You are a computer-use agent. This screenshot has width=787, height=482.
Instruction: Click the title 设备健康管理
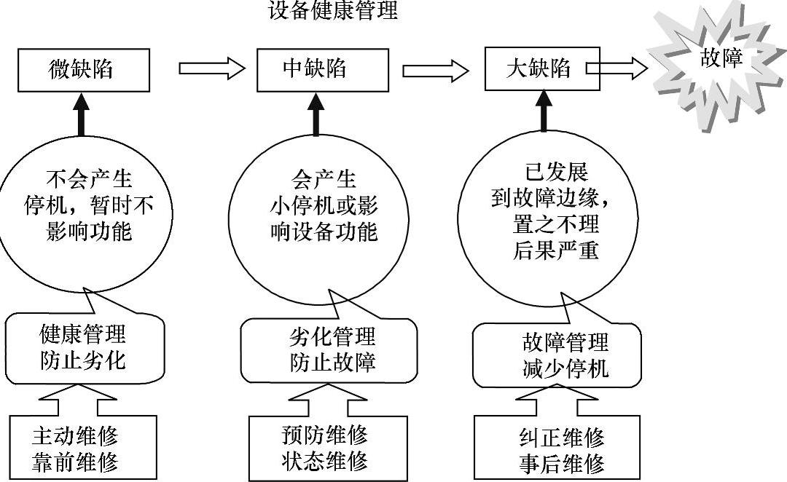pos(333,10)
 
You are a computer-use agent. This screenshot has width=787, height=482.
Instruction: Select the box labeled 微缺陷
pos(84,70)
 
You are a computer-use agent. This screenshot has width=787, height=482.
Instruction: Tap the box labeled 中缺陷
pos(323,70)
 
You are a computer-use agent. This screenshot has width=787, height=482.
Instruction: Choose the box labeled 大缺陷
pos(542,68)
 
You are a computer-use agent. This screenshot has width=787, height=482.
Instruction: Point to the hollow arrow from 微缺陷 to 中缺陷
pos(212,68)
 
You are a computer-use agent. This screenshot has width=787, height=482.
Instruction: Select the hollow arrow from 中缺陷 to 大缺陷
pos(436,70)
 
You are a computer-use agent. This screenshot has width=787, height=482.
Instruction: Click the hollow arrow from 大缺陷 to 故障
pos(617,68)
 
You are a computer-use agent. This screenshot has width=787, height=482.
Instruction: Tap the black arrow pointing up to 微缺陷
pos(82,114)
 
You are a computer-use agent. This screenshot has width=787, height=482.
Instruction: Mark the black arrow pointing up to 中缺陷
pos(316,114)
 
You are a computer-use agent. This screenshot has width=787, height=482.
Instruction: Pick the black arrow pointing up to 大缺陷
pos(544,111)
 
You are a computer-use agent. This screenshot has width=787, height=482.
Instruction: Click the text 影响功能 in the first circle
pos(89,232)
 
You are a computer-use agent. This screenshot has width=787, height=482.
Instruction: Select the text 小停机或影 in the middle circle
pos(324,205)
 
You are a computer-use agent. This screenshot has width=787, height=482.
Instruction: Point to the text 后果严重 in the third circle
pos(555,250)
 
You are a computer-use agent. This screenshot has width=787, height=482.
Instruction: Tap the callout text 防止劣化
pos(83,360)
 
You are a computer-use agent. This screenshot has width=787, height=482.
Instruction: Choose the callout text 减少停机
pos(565,368)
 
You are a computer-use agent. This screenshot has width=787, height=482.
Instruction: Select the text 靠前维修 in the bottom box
pos(75,462)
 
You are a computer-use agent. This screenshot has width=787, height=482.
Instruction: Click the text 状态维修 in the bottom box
pos(324,460)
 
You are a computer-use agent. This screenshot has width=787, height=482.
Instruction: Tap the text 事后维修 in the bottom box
pos(562,464)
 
